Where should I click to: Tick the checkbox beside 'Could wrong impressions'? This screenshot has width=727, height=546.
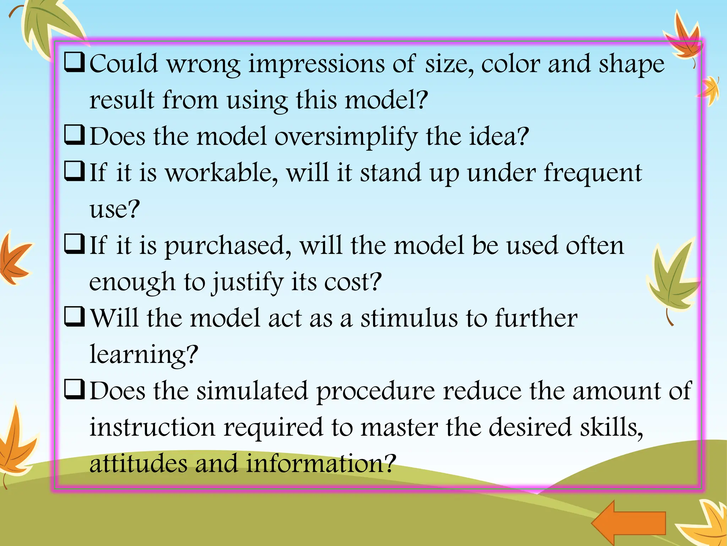pos(74,62)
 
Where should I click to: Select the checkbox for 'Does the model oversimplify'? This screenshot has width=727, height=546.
pos(74,135)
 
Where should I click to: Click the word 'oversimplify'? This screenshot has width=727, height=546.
pos(346,137)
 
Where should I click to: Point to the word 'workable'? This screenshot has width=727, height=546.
pos(222,173)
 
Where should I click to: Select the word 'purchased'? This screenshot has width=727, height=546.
pos(228,246)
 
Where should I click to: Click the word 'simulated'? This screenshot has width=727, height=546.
pos(252,391)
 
